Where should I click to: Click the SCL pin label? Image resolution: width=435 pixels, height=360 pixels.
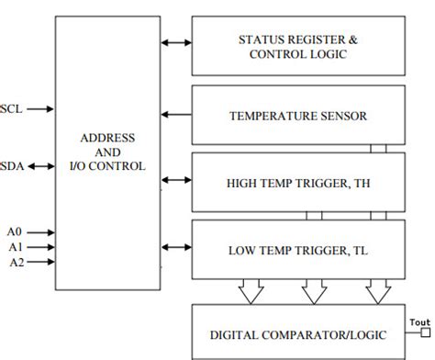[11, 108]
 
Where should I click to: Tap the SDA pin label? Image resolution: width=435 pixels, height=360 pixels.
[12, 166]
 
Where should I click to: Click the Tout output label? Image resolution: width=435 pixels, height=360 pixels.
[418, 321]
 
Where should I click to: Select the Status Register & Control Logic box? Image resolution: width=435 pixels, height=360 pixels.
[297, 47]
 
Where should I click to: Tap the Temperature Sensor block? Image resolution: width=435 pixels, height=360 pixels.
[297, 116]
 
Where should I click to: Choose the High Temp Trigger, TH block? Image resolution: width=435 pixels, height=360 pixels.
[297, 182]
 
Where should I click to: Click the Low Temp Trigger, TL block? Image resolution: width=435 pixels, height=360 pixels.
[297, 249]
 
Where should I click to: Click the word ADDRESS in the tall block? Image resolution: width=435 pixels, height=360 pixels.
[107, 137]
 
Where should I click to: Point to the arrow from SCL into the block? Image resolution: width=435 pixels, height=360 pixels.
[39, 108]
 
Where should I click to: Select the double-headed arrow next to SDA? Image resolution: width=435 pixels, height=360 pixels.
[39, 166]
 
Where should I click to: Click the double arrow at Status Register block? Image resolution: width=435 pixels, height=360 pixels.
[175, 42]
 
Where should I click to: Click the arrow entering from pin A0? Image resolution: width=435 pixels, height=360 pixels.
[41, 232]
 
